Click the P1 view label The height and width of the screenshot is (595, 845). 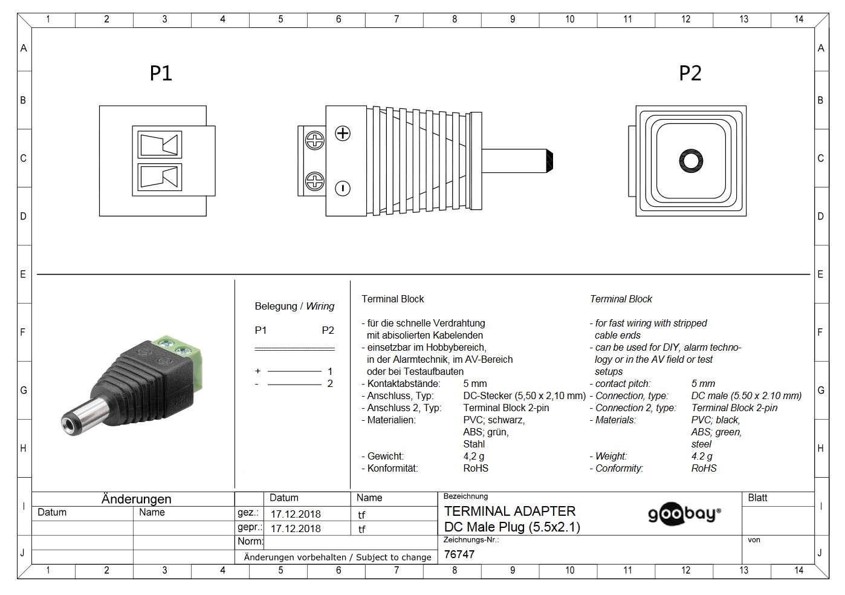[161, 73]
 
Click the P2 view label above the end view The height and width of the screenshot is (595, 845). [690, 73]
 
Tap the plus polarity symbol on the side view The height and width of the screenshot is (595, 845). [343, 134]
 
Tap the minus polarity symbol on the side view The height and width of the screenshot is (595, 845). [343, 188]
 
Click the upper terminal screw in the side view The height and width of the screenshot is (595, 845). [315, 140]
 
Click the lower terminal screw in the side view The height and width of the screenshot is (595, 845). [315, 181]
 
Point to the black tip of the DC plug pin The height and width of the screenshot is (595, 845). [550, 161]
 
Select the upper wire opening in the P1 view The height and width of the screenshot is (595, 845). [160, 145]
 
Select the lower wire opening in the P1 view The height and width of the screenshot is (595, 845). [160, 177]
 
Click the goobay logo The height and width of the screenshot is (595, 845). [684, 514]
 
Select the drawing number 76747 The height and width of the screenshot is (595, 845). [459, 554]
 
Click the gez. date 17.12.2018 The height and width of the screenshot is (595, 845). [296, 514]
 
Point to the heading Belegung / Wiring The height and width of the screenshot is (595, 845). [294, 306]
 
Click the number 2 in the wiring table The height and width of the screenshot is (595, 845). [329, 384]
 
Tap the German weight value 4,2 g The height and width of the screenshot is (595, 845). [473, 456]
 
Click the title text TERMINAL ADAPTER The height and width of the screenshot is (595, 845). [510, 511]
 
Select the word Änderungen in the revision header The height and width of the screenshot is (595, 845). [136, 499]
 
